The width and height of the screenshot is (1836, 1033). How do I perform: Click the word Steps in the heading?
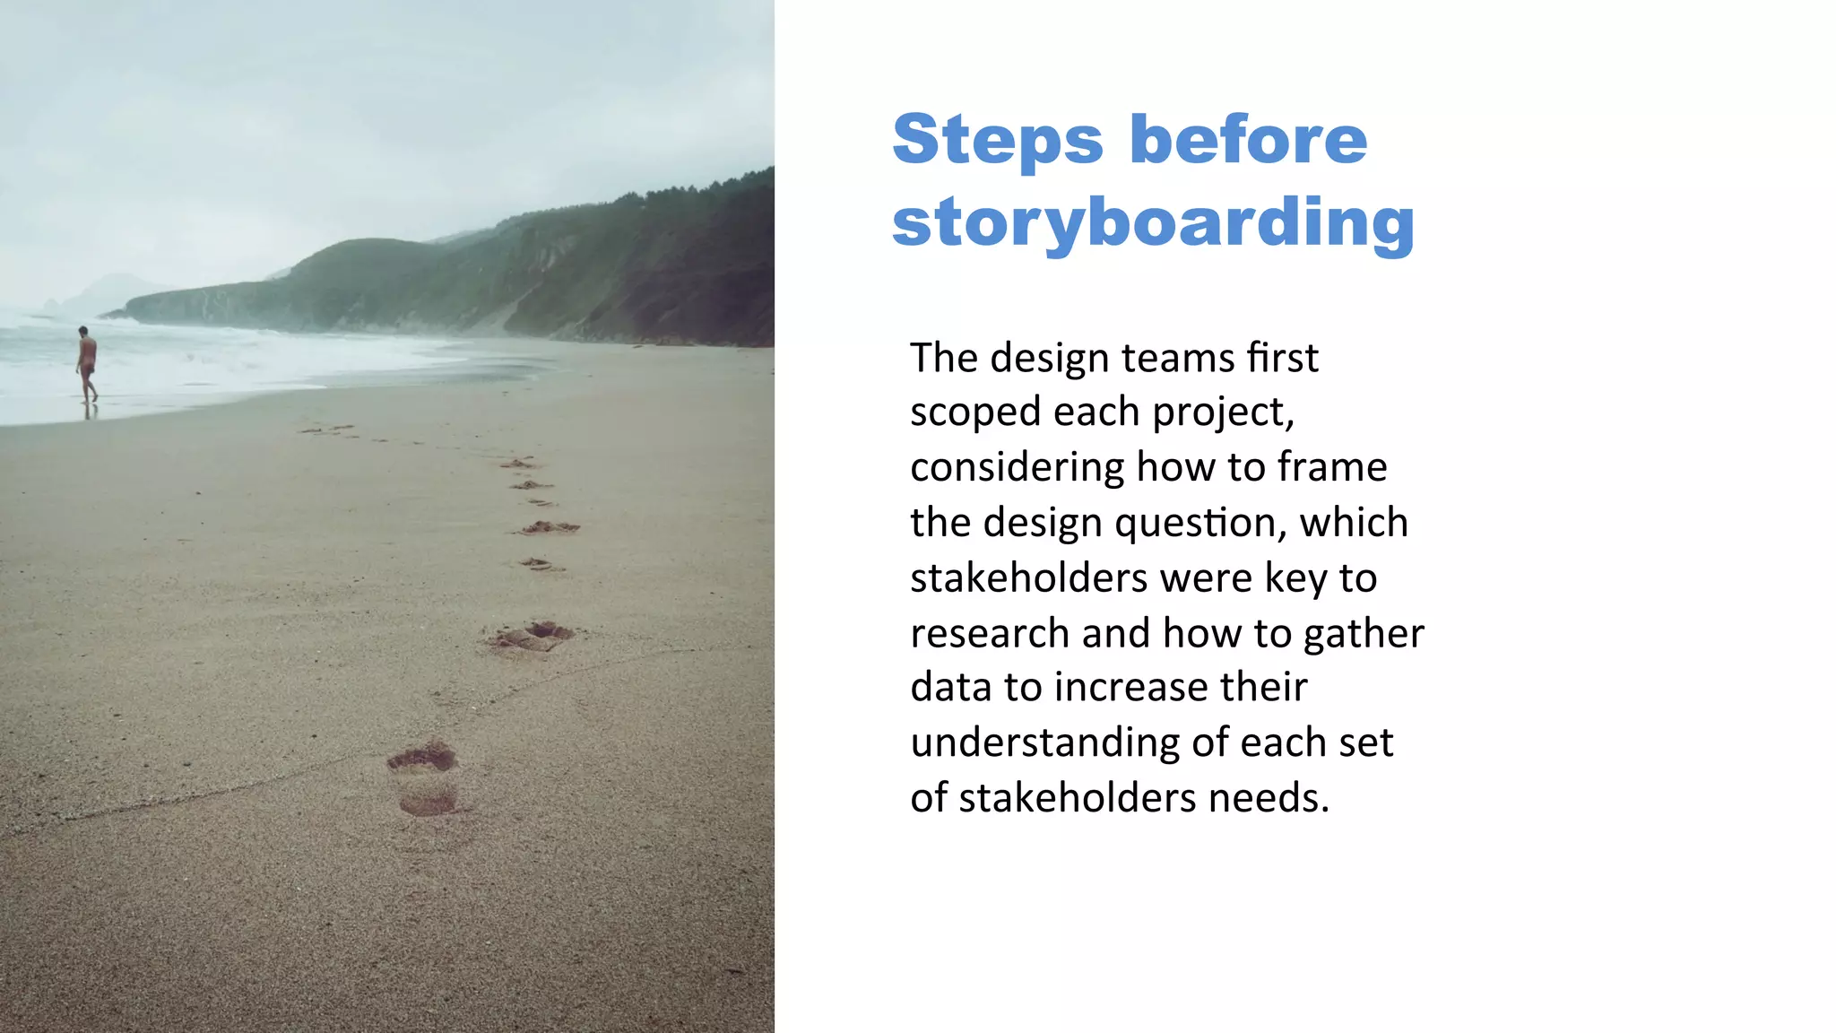click(998, 142)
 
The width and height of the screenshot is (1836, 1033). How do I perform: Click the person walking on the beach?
click(87, 364)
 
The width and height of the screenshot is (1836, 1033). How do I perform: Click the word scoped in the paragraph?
click(975, 413)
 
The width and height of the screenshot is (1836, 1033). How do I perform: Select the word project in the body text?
click(1222, 413)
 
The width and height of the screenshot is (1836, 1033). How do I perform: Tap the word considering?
click(1018, 468)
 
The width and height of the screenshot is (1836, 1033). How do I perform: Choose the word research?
click(990, 633)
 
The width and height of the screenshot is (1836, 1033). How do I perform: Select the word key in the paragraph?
click(1296, 578)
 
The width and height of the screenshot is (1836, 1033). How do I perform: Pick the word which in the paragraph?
click(1354, 523)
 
